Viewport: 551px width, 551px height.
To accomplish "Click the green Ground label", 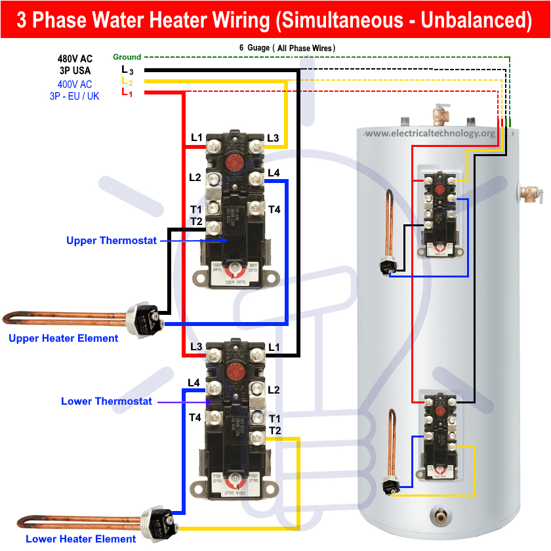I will (127, 57).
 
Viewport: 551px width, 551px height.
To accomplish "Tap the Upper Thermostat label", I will (112, 241).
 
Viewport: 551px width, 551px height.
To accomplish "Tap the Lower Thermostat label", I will (106, 401).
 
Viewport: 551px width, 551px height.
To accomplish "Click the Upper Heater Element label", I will (64, 338).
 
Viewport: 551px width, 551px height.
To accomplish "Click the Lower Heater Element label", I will (72, 539).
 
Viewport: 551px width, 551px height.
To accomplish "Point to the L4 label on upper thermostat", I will (274, 173).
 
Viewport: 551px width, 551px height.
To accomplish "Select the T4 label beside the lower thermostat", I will (195, 417).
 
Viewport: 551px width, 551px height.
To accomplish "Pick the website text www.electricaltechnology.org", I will (430, 133).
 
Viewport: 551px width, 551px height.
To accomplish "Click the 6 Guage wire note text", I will (287, 48).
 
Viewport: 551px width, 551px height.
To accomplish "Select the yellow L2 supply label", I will (127, 81).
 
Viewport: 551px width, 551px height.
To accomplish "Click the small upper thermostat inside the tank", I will (438, 214).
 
